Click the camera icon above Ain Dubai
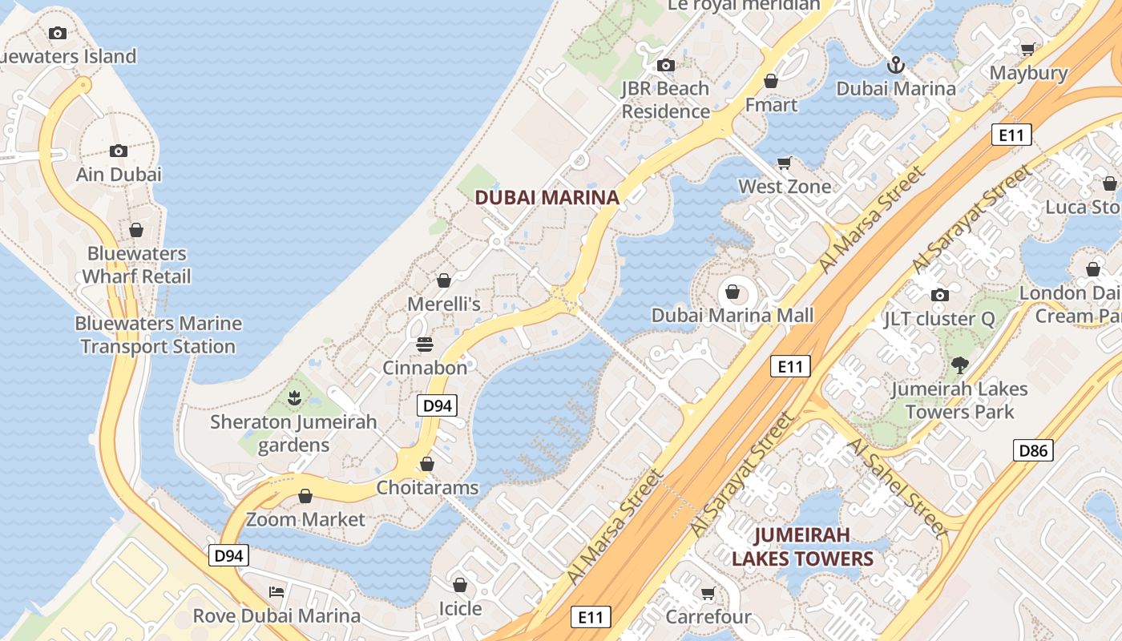click(x=118, y=151)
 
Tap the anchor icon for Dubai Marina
click(x=895, y=65)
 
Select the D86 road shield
click(x=1033, y=450)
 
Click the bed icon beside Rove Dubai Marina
click(x=276, y=592)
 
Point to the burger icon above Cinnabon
click(x=425, y=345)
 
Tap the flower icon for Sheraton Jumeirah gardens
click(x=294, y=397)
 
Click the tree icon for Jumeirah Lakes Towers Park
click(x=959, y=365)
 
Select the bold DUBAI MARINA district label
click(x=547, y=197)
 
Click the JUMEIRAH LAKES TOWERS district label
click(x=802, y=546)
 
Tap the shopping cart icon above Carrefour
click(x=708, y=594)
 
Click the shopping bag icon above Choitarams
click(x=427, y=464)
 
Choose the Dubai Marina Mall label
click(x=732, y=315)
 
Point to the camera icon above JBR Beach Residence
click(x=665, y=65)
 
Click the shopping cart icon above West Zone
click(x=785, y=163)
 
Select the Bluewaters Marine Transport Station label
click(x=158, y=335)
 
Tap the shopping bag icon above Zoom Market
click(x=305, y=496)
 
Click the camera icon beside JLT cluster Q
click(x=940, y=295)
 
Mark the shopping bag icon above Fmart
click(x=771, y=81)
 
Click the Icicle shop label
click(x=460, y=608)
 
